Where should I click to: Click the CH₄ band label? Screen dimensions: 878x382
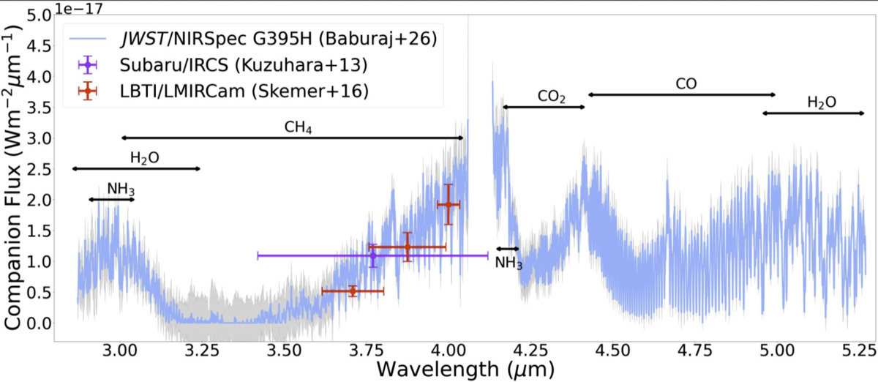point(298,127)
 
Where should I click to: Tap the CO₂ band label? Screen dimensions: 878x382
point(552,97)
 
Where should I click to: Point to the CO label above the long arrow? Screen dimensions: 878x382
point(686,83)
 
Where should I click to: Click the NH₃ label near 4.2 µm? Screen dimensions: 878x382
point(509,263)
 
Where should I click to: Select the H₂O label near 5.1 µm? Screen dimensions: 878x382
point(822,102)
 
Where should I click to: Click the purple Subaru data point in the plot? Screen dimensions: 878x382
point(372,255)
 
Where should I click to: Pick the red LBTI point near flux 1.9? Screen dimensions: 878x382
point(449,204)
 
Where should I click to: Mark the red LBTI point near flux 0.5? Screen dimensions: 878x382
point(353,291)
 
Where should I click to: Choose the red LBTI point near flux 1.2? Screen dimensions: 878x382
point(408,247)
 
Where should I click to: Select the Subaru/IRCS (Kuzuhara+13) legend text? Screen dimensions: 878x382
point(244,65)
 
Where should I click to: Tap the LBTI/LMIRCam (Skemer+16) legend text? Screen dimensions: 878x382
point(244,91)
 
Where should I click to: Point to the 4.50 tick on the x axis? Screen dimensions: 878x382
point(612,351)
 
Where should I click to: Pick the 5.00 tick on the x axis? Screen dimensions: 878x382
point(777,351)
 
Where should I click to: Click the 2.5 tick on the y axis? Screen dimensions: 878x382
point(39,170)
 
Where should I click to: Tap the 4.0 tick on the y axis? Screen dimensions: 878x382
point(39,77)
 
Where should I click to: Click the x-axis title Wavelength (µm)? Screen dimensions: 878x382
point(465,370)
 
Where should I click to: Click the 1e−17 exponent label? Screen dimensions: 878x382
point(78,8)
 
